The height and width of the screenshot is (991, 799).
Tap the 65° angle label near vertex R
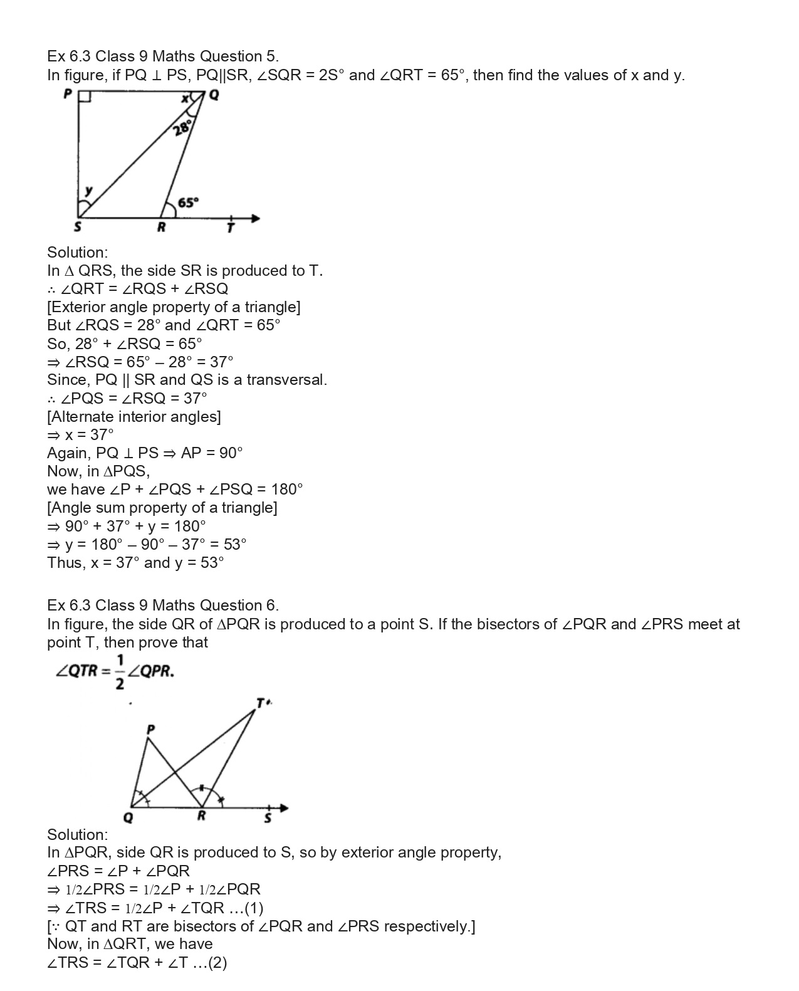(x=188, y=202)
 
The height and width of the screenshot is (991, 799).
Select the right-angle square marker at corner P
(x=85, y=97)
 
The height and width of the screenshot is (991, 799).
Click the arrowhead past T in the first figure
(x=255, y=219)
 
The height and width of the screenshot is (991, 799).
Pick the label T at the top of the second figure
(x=260, y=703)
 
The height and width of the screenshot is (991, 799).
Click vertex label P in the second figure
(x=150, y=730)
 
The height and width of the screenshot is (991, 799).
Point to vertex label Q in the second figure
(x=128, y=819)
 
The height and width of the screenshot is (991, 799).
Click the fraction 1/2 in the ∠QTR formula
(x=120, y=671)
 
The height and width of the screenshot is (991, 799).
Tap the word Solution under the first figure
(x=77, y=253)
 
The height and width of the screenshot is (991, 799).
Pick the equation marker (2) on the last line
(x=217, y=963)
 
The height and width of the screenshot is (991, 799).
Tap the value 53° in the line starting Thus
(x=212, y=562)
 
